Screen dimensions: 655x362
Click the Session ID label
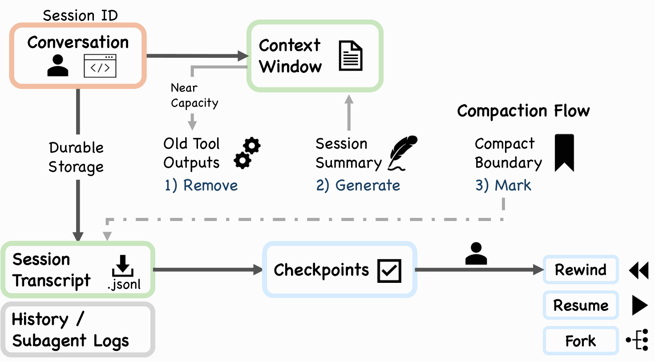(81, 15)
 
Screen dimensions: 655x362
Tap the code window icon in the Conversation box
(100, 66)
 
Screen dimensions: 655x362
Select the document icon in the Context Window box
(351, 56)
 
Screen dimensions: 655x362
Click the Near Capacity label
(194, 95)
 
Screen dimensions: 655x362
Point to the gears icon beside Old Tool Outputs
(247, 153)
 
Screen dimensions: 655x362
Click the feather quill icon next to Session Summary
(402, 153)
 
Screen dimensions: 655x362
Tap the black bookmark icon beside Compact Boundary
(564, 153)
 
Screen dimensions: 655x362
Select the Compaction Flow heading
(523, 111)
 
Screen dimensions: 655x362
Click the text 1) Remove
(201, 185)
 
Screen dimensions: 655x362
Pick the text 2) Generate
(358, 185)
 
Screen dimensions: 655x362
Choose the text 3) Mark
(503, 185)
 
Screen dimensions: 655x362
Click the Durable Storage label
(76, 157)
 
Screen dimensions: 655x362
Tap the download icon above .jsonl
(123, 265)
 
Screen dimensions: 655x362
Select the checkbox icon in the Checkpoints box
(389, 271)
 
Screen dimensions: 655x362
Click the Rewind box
(581, 269)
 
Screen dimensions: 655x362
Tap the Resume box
(581, 305)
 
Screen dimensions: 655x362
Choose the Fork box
(581, 341)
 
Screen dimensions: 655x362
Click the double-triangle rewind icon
(639, 270)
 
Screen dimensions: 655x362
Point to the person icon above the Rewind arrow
(476, 253)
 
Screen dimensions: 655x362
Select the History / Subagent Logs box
(78, 330)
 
